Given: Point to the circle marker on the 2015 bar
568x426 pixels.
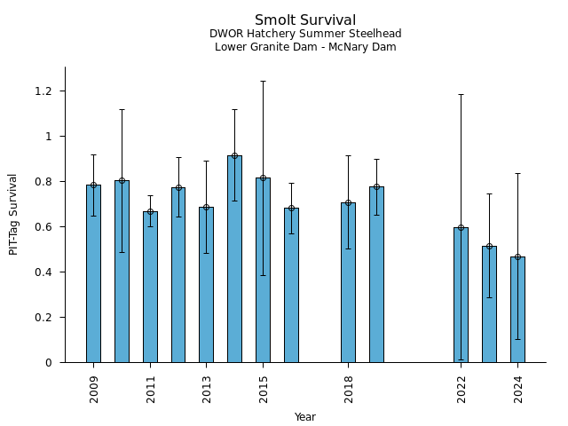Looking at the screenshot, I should [x=263, y=177].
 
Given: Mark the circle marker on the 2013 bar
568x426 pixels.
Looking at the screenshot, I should [x=206, y=207].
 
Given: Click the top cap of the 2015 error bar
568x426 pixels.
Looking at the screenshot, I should [x=263, y=82].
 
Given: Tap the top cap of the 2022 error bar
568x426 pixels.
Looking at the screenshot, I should [x=461, y=94].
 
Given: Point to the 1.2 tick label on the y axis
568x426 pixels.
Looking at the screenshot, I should [x=43, y=91].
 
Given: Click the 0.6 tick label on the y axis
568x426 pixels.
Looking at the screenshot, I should [x=43, y=227].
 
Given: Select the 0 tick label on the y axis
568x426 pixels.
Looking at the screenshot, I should [x=50, y=363].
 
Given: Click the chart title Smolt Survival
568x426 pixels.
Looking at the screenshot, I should [x=305, y=20].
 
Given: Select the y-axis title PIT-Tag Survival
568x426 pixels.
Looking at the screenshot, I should [x=14, y=214].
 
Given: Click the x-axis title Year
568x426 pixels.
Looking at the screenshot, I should [x=305, y=417].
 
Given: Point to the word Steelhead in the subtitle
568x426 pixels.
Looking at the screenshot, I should [x=375, y=34].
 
